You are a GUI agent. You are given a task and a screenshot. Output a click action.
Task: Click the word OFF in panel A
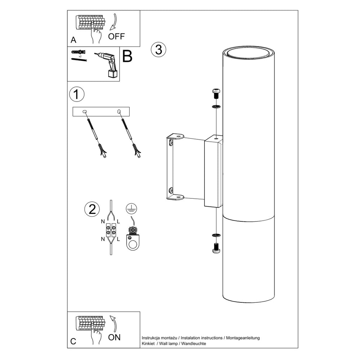[116, 36]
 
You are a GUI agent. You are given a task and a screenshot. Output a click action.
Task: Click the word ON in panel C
[114, 337]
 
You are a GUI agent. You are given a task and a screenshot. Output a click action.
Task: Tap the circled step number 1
[77, 94]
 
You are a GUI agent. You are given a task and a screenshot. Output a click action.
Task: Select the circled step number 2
[92, 209]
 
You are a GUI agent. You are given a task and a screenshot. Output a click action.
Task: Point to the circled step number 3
[158, 49]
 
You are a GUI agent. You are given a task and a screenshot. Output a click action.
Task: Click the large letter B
[127, 56]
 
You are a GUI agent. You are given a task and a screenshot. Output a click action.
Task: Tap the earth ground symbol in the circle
[131, 209]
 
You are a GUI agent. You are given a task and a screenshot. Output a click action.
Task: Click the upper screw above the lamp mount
[216, 94]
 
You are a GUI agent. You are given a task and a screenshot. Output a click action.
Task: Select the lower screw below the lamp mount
[216, 248]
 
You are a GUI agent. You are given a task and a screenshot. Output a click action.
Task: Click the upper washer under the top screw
[216, 107]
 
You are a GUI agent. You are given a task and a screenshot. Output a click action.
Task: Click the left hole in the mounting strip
[85, 112]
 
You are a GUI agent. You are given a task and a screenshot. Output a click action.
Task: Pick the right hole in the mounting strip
[119, 112]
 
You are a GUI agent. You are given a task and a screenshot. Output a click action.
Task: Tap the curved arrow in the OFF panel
[113, 22]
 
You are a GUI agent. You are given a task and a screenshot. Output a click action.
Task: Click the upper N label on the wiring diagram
[103, 221]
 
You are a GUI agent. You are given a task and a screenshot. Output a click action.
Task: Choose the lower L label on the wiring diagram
[118, 239]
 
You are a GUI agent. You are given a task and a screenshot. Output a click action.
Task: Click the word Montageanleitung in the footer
[243, 338]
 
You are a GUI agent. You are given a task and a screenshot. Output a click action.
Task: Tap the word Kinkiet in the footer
[148, 344]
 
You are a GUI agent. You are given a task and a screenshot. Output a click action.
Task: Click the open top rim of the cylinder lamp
[248, 52]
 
